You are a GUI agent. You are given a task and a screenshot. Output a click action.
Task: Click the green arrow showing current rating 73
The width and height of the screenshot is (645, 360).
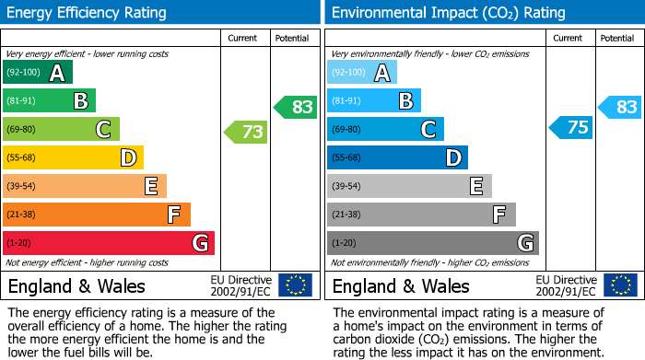pos(247,133)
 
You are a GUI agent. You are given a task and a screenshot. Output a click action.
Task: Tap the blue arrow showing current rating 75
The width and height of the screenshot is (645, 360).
pos(571,127)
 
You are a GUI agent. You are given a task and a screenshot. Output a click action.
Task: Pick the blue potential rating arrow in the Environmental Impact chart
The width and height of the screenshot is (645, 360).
pos(621,107)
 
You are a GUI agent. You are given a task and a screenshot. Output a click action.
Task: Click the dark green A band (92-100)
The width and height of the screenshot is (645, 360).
pos(38,73)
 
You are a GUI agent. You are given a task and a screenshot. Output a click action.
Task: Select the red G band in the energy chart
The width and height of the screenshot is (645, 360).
pos(109,243)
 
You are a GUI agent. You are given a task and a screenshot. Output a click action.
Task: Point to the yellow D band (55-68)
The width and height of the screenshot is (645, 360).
pos(73,157)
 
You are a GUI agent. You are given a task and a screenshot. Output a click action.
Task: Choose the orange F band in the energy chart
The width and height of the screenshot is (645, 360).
pos(97,215)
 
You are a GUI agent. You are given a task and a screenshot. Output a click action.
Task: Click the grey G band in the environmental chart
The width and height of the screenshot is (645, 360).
pos(432,243)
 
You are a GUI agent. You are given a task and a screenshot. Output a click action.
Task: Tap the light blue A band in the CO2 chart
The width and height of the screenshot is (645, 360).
pos(362,73)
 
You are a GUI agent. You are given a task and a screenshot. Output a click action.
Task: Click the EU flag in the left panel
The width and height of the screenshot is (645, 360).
pos(295,285)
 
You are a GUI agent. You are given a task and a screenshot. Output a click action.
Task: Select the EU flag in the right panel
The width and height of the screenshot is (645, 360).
pos(619,285)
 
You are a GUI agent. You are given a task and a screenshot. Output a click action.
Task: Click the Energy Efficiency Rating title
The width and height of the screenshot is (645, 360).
pos(88,13)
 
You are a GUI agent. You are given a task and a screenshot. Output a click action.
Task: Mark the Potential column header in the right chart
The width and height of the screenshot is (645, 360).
pos(617,38)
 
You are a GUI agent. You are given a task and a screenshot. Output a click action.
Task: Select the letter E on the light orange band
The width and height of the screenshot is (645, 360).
pos(150,186)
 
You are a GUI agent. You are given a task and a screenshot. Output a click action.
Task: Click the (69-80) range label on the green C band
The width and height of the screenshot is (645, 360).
pos(21,130)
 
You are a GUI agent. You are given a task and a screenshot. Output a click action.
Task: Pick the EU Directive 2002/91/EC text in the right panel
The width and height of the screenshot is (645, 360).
pos(566,285)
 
